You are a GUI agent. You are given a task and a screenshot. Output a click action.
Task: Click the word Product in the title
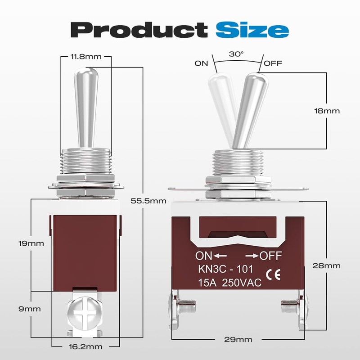coord(139,30)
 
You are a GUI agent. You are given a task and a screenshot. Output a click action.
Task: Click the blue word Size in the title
coord(252,30)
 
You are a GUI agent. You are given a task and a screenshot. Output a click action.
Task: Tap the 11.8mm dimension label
coord(86,57)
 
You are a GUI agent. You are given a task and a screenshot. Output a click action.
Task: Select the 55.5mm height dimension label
coord(148,201)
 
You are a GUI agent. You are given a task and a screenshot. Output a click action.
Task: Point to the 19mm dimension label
coord(31,243)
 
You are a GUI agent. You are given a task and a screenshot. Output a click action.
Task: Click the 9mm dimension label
coord(30,309)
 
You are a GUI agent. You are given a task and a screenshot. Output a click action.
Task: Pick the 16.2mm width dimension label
coord(85,346)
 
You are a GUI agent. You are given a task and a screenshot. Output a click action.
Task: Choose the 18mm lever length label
coord(327,111)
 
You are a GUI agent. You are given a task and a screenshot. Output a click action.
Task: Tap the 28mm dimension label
coord(326,265)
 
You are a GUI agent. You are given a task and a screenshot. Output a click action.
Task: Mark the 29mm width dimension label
coord(238,339)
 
